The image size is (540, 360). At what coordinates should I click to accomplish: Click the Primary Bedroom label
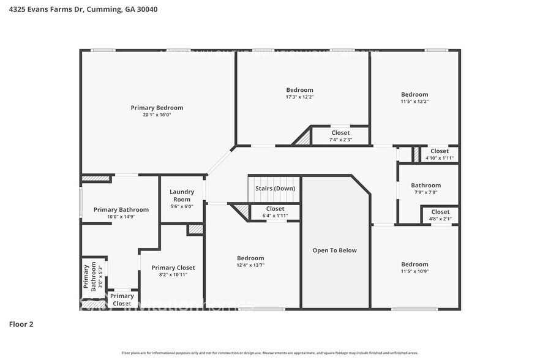pyautogui.click(x=157, y=108)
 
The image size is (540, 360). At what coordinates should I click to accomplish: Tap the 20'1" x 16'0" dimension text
pyautogui.click(x=157, y=115)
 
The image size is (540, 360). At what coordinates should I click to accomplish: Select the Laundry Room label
pyautogui.click(x=182, y=195)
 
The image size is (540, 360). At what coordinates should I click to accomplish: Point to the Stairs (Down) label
pyautogui.click(x=275, y=189)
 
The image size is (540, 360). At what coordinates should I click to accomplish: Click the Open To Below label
pyautogui.click(x=334, y=250)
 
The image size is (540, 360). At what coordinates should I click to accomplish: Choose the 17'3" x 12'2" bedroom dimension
pyautogui.click(x=299, y=97)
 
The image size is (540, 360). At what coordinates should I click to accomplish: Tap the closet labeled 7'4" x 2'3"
pyautogui.click(x=340, y=140)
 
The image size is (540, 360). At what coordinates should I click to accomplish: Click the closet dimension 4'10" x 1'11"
pyautogui.click(x=439, y=158)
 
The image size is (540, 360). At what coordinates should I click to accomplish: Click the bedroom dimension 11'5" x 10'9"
pyautogui.click(x=414, y=271)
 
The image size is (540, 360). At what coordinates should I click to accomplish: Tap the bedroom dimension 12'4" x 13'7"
pyautogui.click(x=250, y=265)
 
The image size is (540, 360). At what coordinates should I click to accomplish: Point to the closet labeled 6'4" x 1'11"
pyautogui.click(x=275, y=216)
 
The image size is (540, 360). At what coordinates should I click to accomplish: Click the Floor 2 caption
pyautogui.click(x=21, y=324)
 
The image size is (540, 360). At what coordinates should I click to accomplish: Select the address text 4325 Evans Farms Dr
pyautogui.click(x=48, y=9)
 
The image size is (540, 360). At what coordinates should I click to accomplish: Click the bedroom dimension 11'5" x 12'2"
pyautogui.click(x=414, y=101)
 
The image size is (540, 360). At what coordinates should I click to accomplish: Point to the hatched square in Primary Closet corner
pyautogui.click(x=195, y=230)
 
